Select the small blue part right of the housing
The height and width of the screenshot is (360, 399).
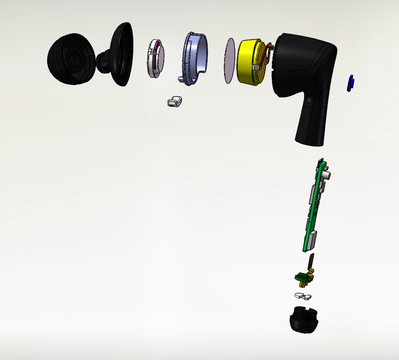[x=350, y=83]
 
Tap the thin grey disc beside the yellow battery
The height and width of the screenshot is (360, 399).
[x=230, y=61]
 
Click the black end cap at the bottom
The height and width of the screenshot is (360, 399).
[x=304, y=319]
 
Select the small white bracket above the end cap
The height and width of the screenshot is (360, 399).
[x=303, y=296]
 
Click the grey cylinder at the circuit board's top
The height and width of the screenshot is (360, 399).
[x=327, y=176]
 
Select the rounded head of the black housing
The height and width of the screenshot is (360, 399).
[x=304, y=61]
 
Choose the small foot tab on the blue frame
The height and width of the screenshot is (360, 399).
[x=181, y=76]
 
